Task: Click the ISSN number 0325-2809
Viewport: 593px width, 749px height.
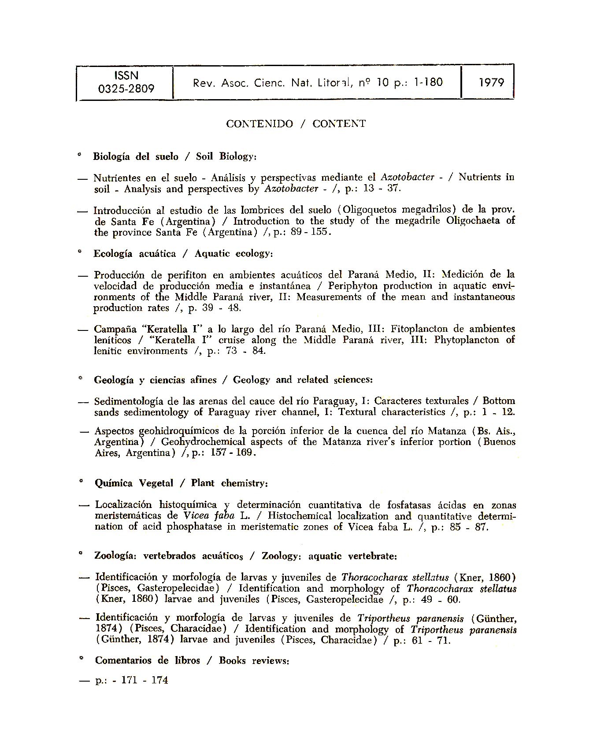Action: [126, 89]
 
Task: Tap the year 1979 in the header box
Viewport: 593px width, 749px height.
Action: [491, 82]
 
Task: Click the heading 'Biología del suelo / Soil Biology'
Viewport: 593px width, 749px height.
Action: [174, 156]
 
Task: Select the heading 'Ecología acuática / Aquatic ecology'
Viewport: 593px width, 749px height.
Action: [183, 254]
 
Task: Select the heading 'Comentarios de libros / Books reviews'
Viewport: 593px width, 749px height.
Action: [192, 661]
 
